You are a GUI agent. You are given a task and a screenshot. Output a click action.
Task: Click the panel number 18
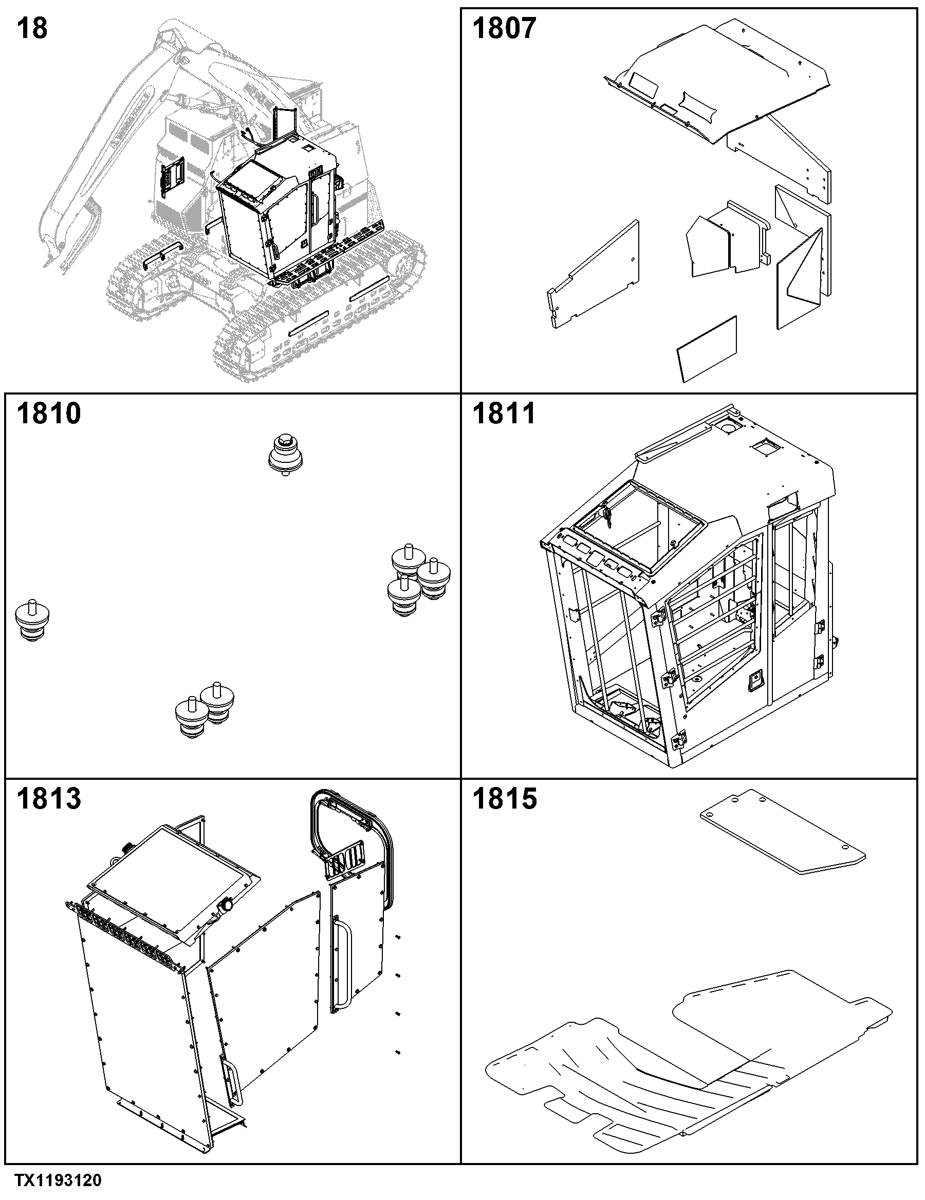click(32, 29)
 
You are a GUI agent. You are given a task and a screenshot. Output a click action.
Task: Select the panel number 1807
click(504, 29)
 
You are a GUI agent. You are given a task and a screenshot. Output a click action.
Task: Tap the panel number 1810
click(49, 413)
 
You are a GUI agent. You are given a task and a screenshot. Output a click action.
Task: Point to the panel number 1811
click(504, 413)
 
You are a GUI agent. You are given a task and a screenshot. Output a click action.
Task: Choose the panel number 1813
click(49, 798)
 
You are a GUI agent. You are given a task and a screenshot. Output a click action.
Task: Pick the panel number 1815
click(505, 798)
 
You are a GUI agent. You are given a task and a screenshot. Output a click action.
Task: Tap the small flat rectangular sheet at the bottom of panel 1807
click(707, 348)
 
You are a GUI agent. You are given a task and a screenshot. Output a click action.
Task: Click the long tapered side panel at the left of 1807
click(594, 275)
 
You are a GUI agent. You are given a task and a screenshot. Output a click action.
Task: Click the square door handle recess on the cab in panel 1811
click(754, 683)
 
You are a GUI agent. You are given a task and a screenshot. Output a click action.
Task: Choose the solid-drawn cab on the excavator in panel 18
click(277, 212)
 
